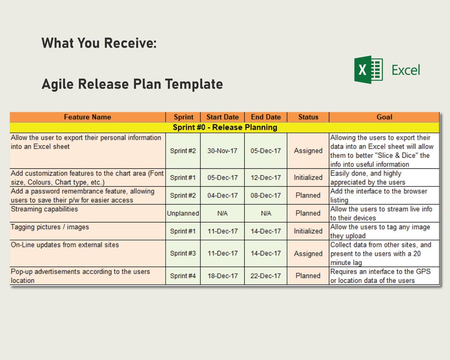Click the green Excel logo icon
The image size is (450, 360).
click(368, 69)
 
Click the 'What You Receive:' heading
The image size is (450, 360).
click(99, 43)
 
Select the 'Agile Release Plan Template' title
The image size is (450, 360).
click(132, 84)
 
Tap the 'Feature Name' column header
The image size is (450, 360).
click(88, 117)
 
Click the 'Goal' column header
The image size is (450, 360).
click(384, 117)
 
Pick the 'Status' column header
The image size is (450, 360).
click(308, 117)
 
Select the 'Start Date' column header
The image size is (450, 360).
click(223, 117)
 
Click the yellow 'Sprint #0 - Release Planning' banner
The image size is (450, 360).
click(225, 127)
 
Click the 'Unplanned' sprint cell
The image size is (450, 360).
click(183, 213)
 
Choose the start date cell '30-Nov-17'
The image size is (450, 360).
click(223, 151)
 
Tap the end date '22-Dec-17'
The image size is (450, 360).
click(266, 276)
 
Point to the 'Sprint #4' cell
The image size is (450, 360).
click(183, 276)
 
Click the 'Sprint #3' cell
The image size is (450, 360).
click(183, 253)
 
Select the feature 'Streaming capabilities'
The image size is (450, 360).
click(45, 209)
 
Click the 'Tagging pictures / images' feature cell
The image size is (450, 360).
click(50, 227)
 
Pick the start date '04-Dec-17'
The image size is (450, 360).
click(223, 195)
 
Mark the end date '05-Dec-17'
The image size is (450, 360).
click(266, 151)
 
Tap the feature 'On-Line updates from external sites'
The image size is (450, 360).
click(65, 245)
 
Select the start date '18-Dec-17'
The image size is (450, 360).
click(223, 276)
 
